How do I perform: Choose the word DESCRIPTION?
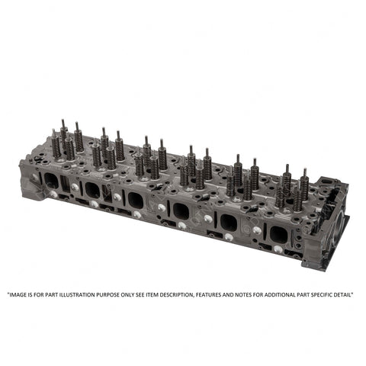point(196,294)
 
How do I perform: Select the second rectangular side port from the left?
point(93,189)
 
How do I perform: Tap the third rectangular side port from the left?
point(135,199)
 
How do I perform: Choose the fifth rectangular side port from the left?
point(228,221)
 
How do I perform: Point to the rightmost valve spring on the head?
point(304,186)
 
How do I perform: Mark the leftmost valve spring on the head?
point(56,144)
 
